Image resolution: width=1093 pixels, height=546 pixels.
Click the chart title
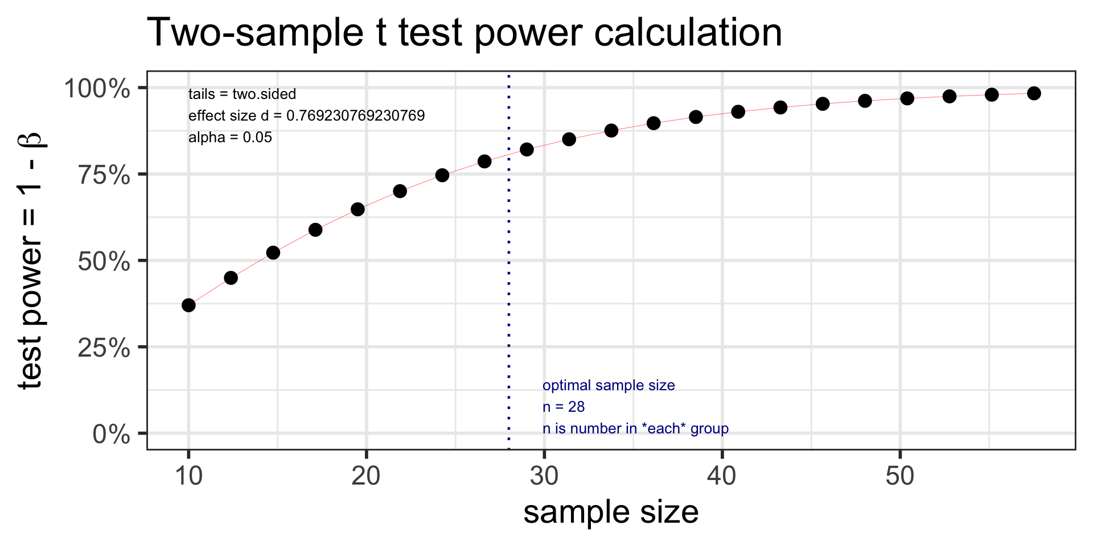(465, 32)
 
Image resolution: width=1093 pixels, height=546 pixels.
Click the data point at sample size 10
(188, 305)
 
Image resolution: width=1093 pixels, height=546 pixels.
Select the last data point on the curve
(1034, 94)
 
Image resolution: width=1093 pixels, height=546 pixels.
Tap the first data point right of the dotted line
(527, 150)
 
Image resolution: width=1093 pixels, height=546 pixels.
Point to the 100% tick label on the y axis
(97, 89)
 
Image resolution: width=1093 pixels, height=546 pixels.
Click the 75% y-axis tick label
(104, 175)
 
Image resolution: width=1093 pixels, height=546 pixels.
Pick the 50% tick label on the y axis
(104, 262)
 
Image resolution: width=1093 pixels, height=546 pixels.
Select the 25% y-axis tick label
(104, 348)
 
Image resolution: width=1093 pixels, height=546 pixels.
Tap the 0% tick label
(112, 435)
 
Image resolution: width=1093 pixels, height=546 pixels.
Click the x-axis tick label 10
(188, 476)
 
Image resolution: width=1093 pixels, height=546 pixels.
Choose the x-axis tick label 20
(366, 476)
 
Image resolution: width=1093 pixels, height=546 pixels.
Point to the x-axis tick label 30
(544, 476)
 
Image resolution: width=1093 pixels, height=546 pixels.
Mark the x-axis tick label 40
(722, 476)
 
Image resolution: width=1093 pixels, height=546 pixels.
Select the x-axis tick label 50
(899, 476)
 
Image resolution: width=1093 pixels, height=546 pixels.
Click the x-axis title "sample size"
(611, 512)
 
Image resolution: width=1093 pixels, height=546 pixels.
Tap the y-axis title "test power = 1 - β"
(31, 260)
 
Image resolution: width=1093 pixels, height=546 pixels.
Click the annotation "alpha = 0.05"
(230, 138)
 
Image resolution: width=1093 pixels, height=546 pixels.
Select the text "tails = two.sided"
(242, 94)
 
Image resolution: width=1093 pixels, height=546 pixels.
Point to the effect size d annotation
(306, 116)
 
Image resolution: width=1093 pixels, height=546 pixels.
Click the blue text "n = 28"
(564, 407)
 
